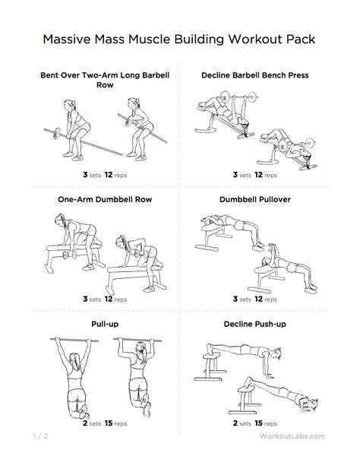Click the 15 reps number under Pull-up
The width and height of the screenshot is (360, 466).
[110, 424]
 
